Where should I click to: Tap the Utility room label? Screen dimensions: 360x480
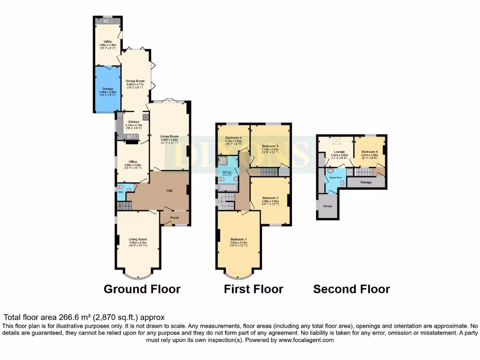click(x=107, y=42)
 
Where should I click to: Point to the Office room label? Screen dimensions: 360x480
click(x=133, y=162)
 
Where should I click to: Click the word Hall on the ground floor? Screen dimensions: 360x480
click(x=170, y=191)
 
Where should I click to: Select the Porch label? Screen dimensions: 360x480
click(x=174, y=217)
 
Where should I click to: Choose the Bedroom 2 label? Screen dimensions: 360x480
click(x=270, y=198)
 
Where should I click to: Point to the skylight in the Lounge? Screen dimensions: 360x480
click(x=336, y=140)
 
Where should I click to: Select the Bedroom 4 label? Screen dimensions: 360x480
click(x=369, y=152)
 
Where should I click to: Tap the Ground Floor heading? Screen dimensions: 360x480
click(x=142, y=289)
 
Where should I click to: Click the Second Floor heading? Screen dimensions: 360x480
click(x=351, y=289)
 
